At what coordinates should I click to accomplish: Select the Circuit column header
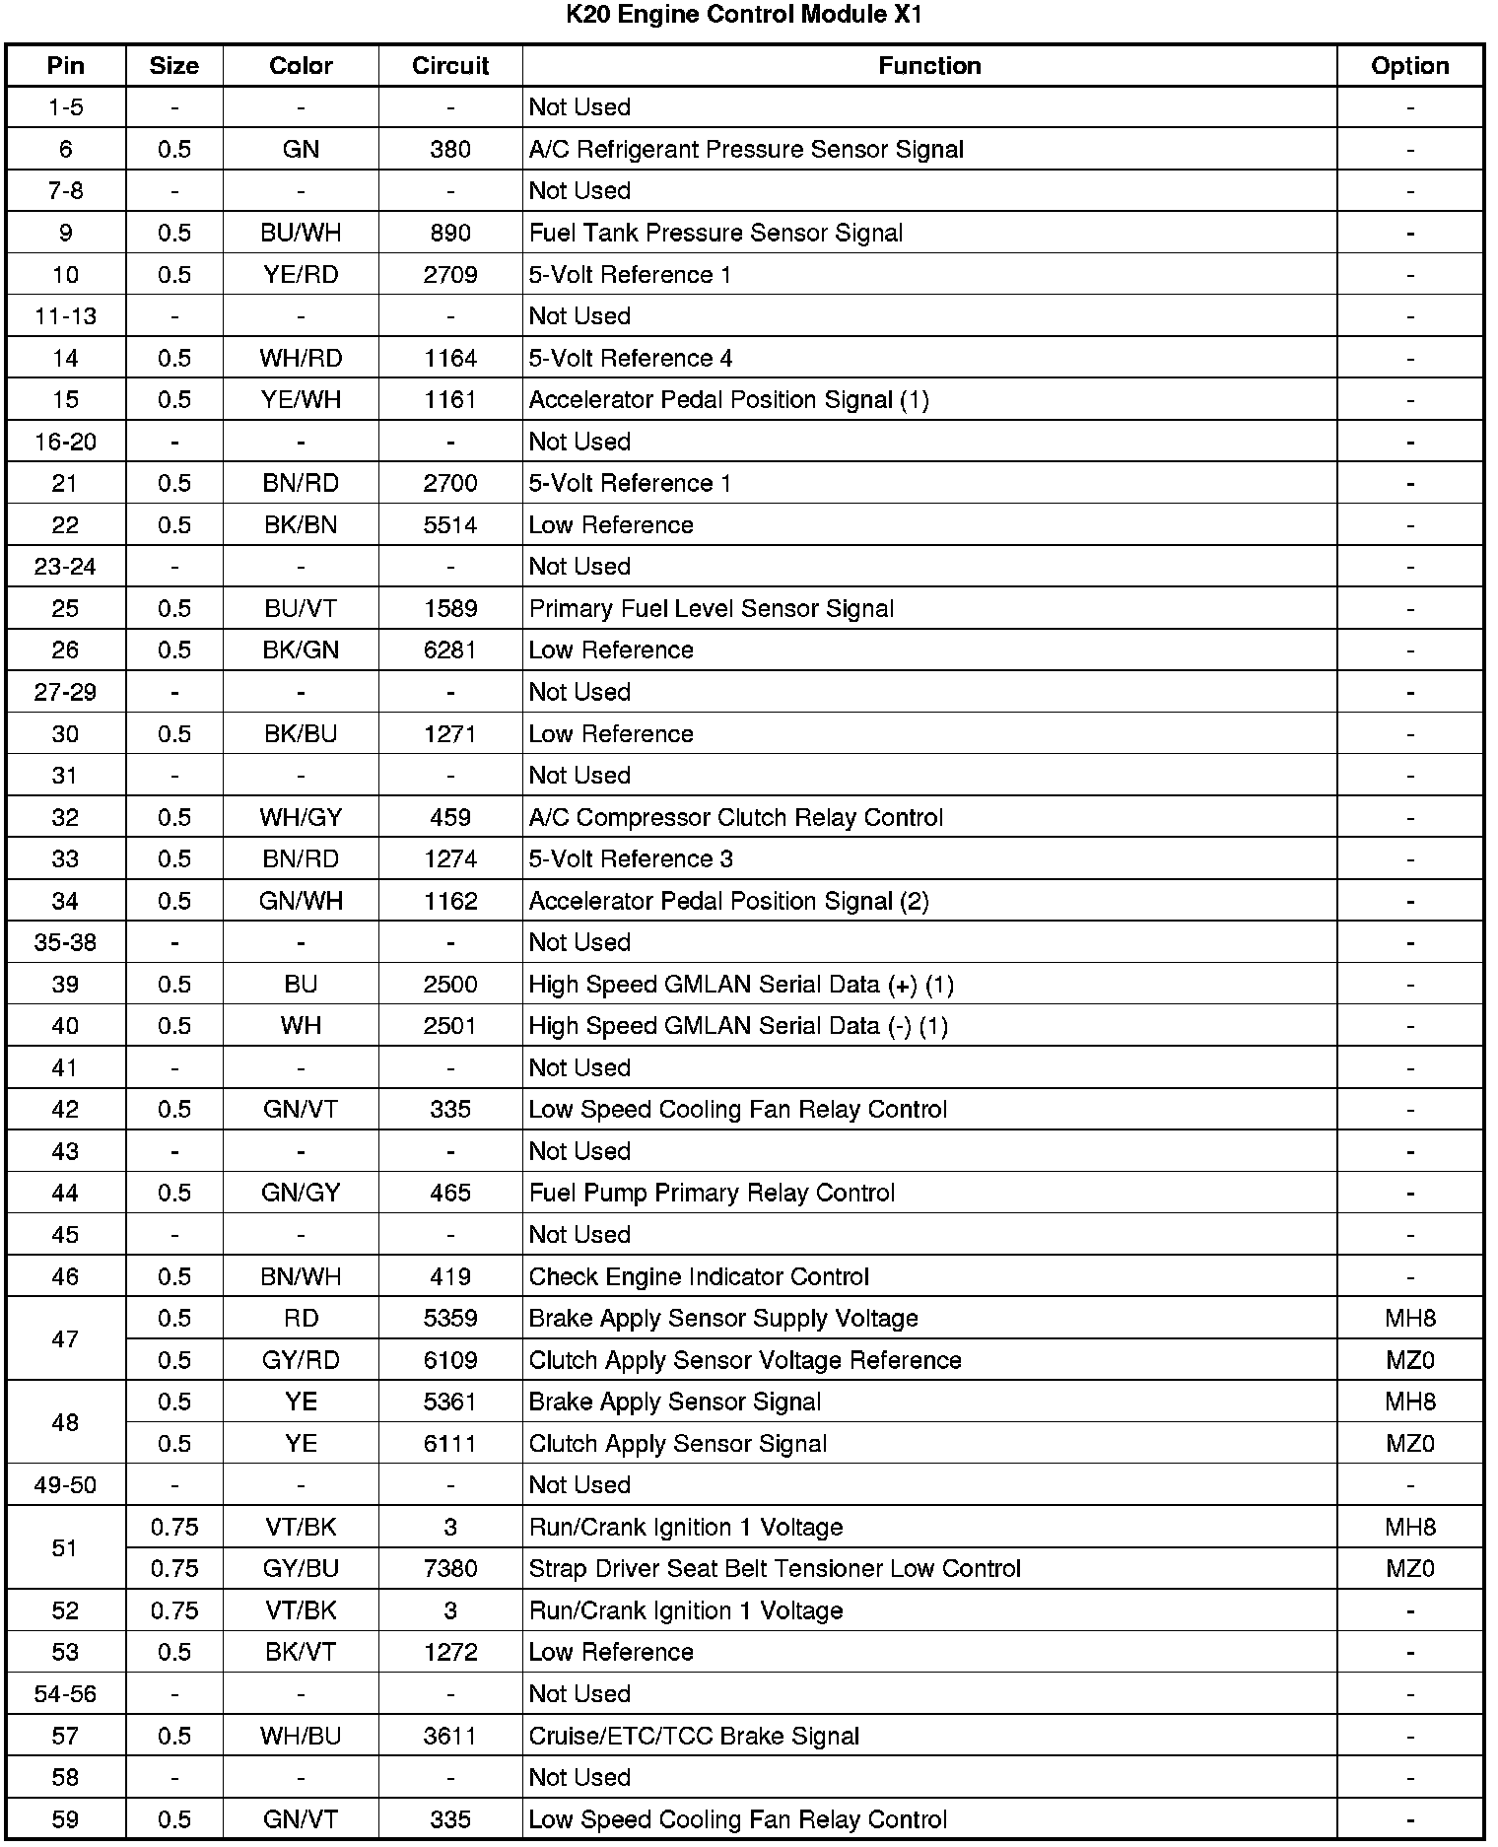click(x=450, y=66)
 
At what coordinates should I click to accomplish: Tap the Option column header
click(x=1409, y=66)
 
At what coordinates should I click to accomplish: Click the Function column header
click(x=929, y=66)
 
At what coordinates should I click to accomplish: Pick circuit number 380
click(x=450, y=150)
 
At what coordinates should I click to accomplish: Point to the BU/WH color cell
click(x=301, y=234)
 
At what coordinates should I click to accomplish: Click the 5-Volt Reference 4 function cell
click(x=631, y=359)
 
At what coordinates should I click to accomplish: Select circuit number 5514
click(x=450, y=525)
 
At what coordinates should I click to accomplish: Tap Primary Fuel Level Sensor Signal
click(x=711, y=609)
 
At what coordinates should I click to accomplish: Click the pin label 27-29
click(x=65, y=692)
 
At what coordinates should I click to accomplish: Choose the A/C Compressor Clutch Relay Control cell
click(x=735, y=818)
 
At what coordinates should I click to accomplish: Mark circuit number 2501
click(x=450, y=1026)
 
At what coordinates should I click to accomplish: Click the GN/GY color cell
click(x=301, y=1194)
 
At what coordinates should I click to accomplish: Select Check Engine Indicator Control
click(x=699, y=1277)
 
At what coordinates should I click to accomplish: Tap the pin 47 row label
click(x=65, y=1339)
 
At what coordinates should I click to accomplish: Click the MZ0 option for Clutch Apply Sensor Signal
click(x=1409, y=1444)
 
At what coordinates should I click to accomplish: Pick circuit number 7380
click(x=450, y=1569)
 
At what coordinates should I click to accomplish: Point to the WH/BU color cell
click(x=301, y=1737)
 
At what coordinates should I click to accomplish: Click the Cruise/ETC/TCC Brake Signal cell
click(x=694, y=1737)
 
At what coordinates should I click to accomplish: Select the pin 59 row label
click(x=65, y=1819)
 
